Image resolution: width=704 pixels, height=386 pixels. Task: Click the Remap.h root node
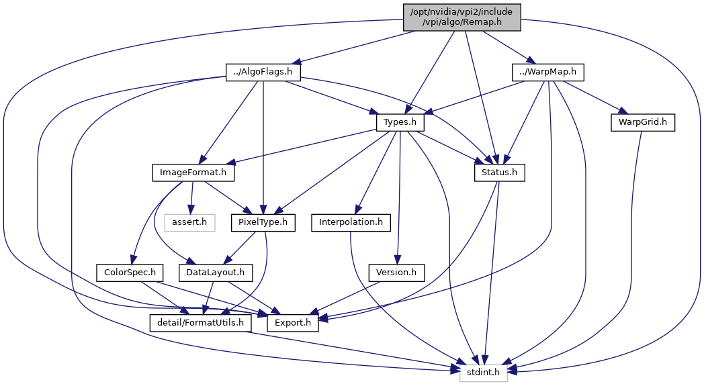point(462,17)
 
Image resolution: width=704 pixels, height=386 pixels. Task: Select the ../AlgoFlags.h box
point(263,72)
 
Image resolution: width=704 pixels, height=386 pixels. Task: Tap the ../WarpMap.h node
point(547,72)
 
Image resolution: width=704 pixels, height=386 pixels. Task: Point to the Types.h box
point(400,122)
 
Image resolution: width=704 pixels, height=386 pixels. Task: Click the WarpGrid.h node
point(642,122)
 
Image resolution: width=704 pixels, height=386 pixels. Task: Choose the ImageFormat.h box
point(193,173)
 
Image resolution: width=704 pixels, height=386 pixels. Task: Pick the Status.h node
point(499,173)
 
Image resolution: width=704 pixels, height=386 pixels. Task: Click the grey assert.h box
point(189,223)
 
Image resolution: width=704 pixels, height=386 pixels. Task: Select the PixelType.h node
point(263,223)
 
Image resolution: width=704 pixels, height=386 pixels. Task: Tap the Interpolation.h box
point(351,223)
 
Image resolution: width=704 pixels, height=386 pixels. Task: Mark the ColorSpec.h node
point(130,273)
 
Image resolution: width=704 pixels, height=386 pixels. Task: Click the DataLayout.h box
point(216,273)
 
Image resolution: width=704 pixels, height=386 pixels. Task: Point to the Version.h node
point(396,273)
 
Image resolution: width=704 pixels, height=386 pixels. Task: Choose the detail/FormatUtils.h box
point(200,323)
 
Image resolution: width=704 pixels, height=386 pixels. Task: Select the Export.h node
point(293,323)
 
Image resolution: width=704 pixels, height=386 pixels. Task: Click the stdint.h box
point(483,373)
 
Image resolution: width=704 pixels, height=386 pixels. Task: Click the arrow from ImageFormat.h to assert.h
point(192,197)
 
